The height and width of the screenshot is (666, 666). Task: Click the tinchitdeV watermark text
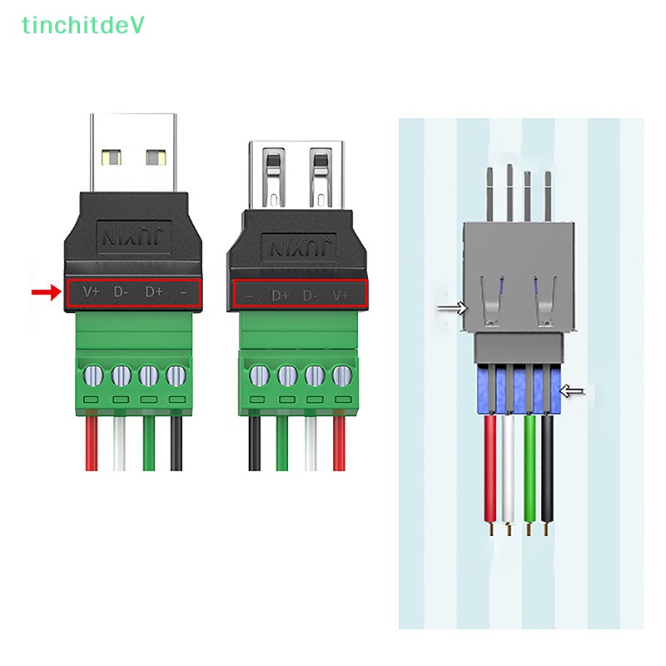pyautogui.click(x=83, y=26)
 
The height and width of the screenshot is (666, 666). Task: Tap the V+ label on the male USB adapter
pyautogui.click(x=91, y=291)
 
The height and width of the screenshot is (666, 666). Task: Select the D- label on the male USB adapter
pyautogui.click(x=122, y=291)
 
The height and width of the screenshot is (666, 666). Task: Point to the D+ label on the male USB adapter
pyautogui.click(x=154, y=291)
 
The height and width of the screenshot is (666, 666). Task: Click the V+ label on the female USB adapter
pyautogui.click(x=340, y=295)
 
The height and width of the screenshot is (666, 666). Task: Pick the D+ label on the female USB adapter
pyautogui.click(x=280, y=295)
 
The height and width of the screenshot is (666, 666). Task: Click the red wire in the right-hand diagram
pyautogui.click(x=490, y=466)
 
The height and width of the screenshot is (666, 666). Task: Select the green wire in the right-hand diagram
pyautogui.click(x=529, y=466)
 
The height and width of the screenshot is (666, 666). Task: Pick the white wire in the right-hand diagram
pyautogui.click(x=509, y=466)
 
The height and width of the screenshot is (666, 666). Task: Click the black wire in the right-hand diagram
pyautogui.click(x=548, y=466)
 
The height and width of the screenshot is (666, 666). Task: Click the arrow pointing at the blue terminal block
pyautogui.click(x=574, y=390)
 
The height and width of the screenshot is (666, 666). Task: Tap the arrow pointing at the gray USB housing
pyautogui.click(x=453, y=308)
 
